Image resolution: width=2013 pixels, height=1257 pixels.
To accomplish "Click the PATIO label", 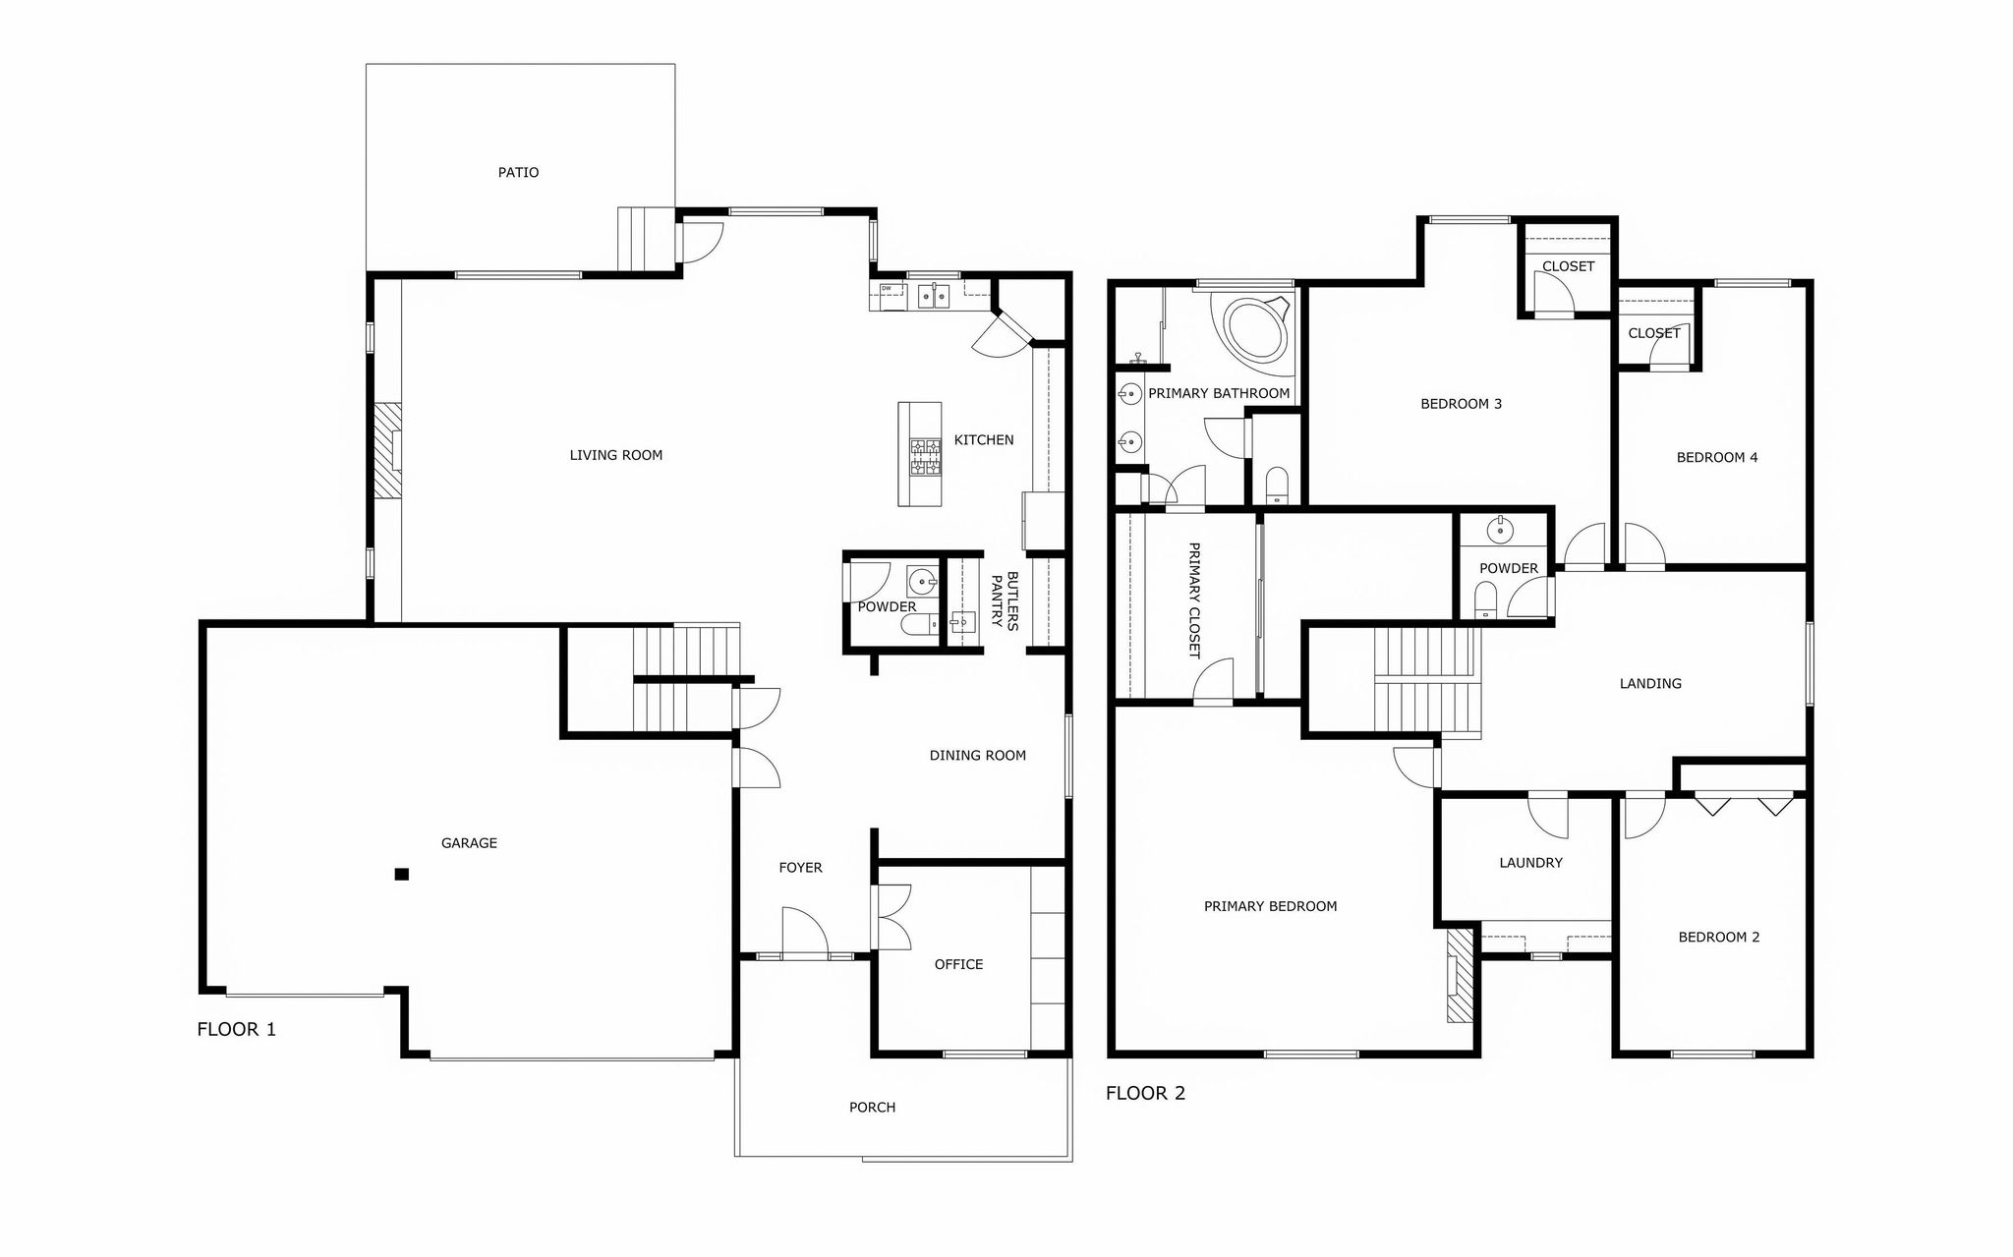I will coord(518,173).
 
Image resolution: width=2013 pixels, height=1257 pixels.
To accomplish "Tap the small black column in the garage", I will coord(401,874).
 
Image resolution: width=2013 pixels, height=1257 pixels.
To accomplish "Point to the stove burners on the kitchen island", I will coord(925,457).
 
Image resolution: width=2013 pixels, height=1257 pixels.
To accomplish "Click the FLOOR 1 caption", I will coord(236,1029).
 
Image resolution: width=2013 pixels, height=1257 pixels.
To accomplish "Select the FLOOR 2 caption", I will coord(1145,1093).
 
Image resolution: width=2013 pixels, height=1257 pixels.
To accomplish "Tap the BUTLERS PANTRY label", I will coord(1005,600).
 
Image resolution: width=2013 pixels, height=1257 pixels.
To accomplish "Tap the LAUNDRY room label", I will coord(1530,863).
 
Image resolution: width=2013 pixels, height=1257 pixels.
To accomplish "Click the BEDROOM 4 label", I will coord(1717,457).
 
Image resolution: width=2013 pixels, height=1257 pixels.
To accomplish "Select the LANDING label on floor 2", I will coord(1650,683).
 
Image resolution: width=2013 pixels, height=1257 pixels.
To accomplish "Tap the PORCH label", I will coord(872,1108).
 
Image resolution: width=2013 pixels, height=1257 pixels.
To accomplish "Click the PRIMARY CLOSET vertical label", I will coord(1194,600).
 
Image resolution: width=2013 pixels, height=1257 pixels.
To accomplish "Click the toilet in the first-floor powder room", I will coord(919,628).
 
